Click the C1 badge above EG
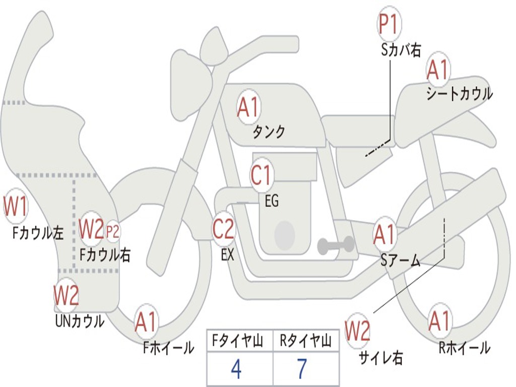[x=261, y=175]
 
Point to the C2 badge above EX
[x=223, y=229]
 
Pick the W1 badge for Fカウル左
[x=16, y=206]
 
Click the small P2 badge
[x=113, y=231]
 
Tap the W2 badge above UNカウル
[x=67, y=295]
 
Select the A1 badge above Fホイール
[x=146, y=321]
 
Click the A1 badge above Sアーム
[x=384, y=234]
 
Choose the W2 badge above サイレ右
[x=358, y=331]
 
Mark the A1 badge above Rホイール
[x=439, y=321]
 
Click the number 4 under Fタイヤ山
[x=236, y=369]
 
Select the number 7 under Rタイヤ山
[x=302, y=369]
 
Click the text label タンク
[x=269, y=132]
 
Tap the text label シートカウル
[x=459, y=94]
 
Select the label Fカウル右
[x=105, y=255]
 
